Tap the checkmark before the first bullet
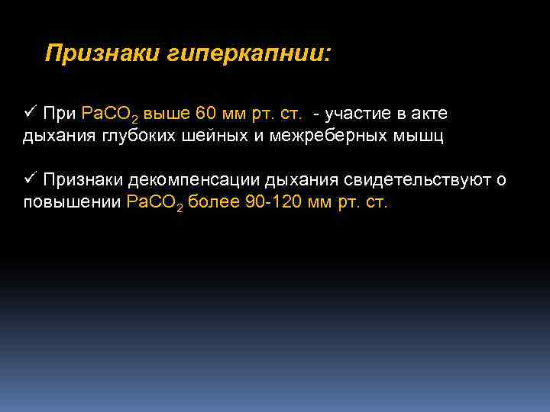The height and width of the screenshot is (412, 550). pos(30,113)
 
